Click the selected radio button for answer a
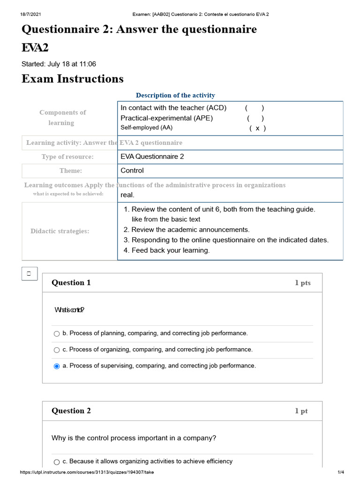57,366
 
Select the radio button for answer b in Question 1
57,334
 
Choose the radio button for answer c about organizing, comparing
57,350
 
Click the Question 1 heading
71,283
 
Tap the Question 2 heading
71,411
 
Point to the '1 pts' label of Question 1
302,283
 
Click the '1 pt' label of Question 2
301,411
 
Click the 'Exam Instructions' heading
73,79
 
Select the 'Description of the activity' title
175,96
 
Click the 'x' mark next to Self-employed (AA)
257,128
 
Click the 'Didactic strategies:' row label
60,231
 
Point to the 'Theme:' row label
70,171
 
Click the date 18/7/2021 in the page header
29,14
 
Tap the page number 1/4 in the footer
341,472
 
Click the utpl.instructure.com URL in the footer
87,472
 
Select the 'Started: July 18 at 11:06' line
59,64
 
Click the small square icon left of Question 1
29,273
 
